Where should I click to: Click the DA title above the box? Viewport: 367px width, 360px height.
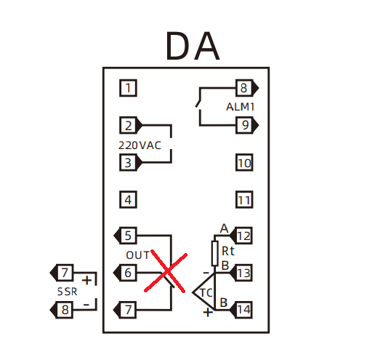(x=193, y=46)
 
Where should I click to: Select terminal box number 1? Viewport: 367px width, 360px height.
(x=128, y=88)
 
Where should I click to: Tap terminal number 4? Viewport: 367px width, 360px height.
(x=128, y=200)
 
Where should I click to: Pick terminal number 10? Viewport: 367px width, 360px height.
(x=244, y=163)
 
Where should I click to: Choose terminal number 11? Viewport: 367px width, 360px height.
(x=244, y=200)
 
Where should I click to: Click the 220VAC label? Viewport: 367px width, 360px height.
(x=140, y=145)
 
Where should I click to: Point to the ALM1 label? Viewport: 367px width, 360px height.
(x=240, y=107)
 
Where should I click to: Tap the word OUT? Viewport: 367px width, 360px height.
(x=137, y=255)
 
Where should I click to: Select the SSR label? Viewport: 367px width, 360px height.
(x=67, y=292)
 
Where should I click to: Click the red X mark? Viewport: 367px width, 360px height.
(x=166, y=271)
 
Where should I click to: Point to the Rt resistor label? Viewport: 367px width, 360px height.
(x=228, y=251)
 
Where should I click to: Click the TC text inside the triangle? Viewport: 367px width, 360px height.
(x=206, y=293)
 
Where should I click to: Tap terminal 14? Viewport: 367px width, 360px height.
(x=241, y=310)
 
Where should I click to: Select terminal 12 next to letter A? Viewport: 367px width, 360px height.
(x=241, y=236)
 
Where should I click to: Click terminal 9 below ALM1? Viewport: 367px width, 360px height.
(x=247, y=125)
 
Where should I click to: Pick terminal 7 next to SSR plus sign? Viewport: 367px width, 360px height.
(x=62, y=273)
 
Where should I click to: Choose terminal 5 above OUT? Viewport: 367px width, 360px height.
(x=125, y=236)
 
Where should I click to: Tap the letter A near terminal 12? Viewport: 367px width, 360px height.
(x=224, y=228)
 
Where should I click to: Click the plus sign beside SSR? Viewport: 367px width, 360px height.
(x=86, y=280)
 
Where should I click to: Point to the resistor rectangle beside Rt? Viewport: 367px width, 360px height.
(x=215, y=253)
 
